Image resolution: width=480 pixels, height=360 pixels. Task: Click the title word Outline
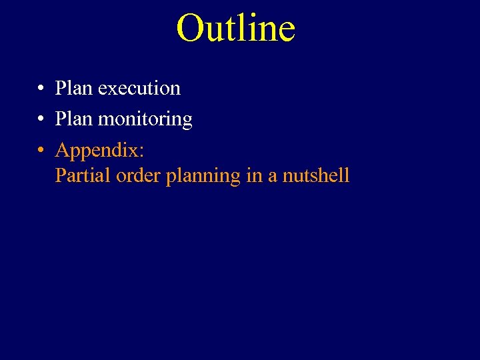tap(235, 29)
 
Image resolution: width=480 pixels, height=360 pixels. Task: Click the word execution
tap(139, 89)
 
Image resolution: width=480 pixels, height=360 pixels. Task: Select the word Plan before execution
tap(74, 88)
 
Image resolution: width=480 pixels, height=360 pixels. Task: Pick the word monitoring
tap(145, 120)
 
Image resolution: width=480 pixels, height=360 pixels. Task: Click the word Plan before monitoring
tap(74, 119)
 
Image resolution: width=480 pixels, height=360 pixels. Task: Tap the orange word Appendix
tap(97, 151)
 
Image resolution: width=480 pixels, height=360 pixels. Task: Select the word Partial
tap(83, 175)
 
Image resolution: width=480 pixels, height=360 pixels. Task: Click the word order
tap(138, 175)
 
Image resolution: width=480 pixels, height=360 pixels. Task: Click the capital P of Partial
tap(61, 175)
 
